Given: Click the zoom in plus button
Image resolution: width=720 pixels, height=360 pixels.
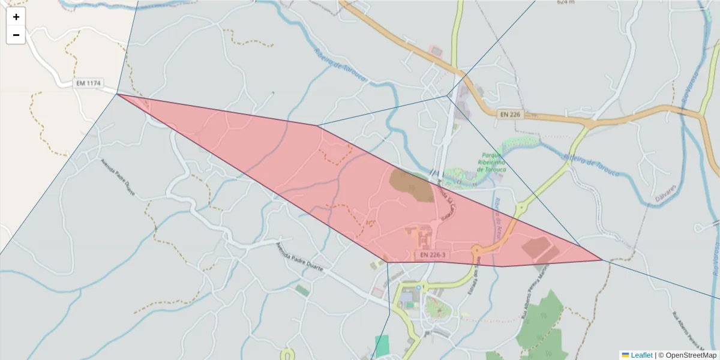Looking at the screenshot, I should tap(16, 17).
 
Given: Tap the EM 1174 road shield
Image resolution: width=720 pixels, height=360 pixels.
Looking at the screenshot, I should tap(88, 83).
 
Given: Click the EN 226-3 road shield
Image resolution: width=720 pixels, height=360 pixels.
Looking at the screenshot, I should tap(432, 255).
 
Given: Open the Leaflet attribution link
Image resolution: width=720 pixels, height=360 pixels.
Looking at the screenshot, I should tap(641, 355).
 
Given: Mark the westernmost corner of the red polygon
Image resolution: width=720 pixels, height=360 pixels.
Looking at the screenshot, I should tap(117, 94).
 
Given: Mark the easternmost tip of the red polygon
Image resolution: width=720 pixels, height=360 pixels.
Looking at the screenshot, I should tap(602, 260).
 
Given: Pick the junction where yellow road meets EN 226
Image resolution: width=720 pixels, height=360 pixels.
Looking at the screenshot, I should tap(589, 124).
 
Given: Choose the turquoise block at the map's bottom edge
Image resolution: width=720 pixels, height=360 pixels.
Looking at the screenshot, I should tap(382, 346).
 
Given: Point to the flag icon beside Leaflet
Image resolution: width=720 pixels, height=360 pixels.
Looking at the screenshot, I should tap(625, 355).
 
